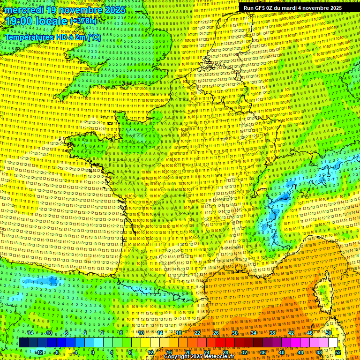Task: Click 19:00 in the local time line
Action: pos(22,22)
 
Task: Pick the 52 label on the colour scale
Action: pos(338,352)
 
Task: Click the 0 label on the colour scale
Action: pos(93,352)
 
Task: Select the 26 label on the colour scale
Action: pos(216,333)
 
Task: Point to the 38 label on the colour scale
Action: pos(272,333)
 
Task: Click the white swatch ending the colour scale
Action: pos(333,343)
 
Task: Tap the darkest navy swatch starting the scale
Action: pos(23,343)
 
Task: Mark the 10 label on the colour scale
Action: pos(141,333)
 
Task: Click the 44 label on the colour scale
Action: pos(300,352)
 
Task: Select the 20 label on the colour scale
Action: pos(187,352)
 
